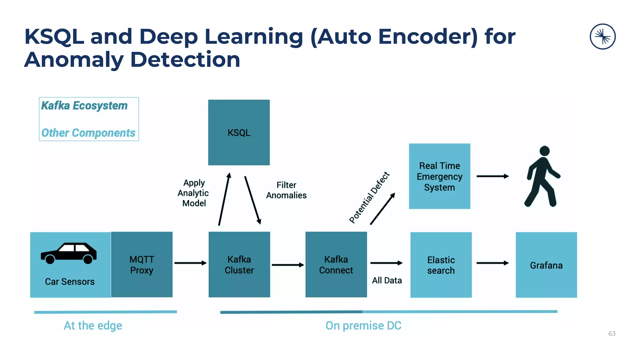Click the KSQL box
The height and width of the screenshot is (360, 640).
[x=239, y=132]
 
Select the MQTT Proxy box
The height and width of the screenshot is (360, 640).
[x=142, y=264]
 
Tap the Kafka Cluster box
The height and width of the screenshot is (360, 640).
[x=239, y=264]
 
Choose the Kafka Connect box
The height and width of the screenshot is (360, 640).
[x=336, y=264]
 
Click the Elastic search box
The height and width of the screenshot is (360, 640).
[x=441, y=265]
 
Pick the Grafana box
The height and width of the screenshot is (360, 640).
[x=546, y=265]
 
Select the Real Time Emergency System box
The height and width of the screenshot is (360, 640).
[x=439, y=176]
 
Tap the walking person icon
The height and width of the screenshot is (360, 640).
[x=543, y=177]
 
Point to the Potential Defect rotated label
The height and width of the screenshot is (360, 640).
[x=369, y=197]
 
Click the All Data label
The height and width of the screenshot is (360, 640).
[x=387, y=280]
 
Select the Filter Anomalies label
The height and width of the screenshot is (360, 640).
[x=286, y=190]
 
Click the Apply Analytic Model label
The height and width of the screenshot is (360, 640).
[x=194, y=193]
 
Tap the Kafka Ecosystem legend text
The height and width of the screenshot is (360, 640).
[x=84, y=106]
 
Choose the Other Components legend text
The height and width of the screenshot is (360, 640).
[x=88, y=133]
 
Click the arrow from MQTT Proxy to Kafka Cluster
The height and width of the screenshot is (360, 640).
[x=190, y=263]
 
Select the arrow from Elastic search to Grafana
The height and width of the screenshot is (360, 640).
[x=492, y=263]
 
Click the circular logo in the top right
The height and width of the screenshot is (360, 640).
[x=602, y=37]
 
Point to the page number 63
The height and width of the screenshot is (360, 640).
[x=612, y=333]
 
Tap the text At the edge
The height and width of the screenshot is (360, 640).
[x=93, y=326]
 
